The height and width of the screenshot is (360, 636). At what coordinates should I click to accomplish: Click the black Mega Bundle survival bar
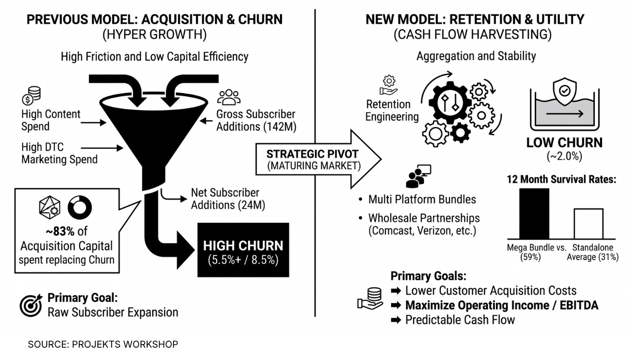534,213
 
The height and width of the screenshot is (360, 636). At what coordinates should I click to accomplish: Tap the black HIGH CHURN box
243,250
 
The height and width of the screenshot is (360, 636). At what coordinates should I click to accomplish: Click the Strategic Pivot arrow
319,159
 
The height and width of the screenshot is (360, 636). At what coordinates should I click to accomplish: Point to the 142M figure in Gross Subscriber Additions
280,127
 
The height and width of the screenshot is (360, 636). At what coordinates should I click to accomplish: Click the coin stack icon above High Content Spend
31,96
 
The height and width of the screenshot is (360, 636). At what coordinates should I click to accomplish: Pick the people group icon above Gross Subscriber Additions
229,97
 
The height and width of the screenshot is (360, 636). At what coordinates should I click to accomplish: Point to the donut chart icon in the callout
80,207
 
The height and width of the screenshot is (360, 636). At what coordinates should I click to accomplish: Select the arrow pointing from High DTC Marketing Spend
102,148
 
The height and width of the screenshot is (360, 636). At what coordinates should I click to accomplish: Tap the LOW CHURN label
564,142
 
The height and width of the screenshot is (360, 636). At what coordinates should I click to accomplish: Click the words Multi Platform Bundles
422,200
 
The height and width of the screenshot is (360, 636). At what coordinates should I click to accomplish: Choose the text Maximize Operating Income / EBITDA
502,305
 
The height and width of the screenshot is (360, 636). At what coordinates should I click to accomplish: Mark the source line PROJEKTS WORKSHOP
125,345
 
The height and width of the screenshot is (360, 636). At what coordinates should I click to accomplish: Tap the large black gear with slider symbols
450,103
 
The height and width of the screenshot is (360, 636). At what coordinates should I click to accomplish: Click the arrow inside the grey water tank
565,114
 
